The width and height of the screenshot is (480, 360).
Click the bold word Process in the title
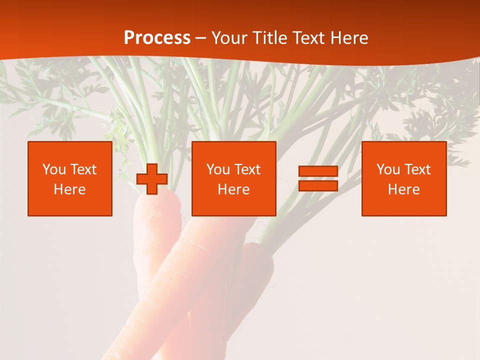pos(157,38)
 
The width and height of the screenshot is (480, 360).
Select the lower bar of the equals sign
pos(318,185)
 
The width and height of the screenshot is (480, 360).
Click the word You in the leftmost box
pos(54,169)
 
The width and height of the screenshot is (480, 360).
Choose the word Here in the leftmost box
pos(69,189)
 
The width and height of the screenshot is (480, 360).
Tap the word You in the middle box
pos(218,169)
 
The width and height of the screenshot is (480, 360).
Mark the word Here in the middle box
pos(233,189)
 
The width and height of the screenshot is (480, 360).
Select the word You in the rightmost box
pos(388,169)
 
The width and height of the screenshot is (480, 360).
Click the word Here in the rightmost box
pos(403,189)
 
